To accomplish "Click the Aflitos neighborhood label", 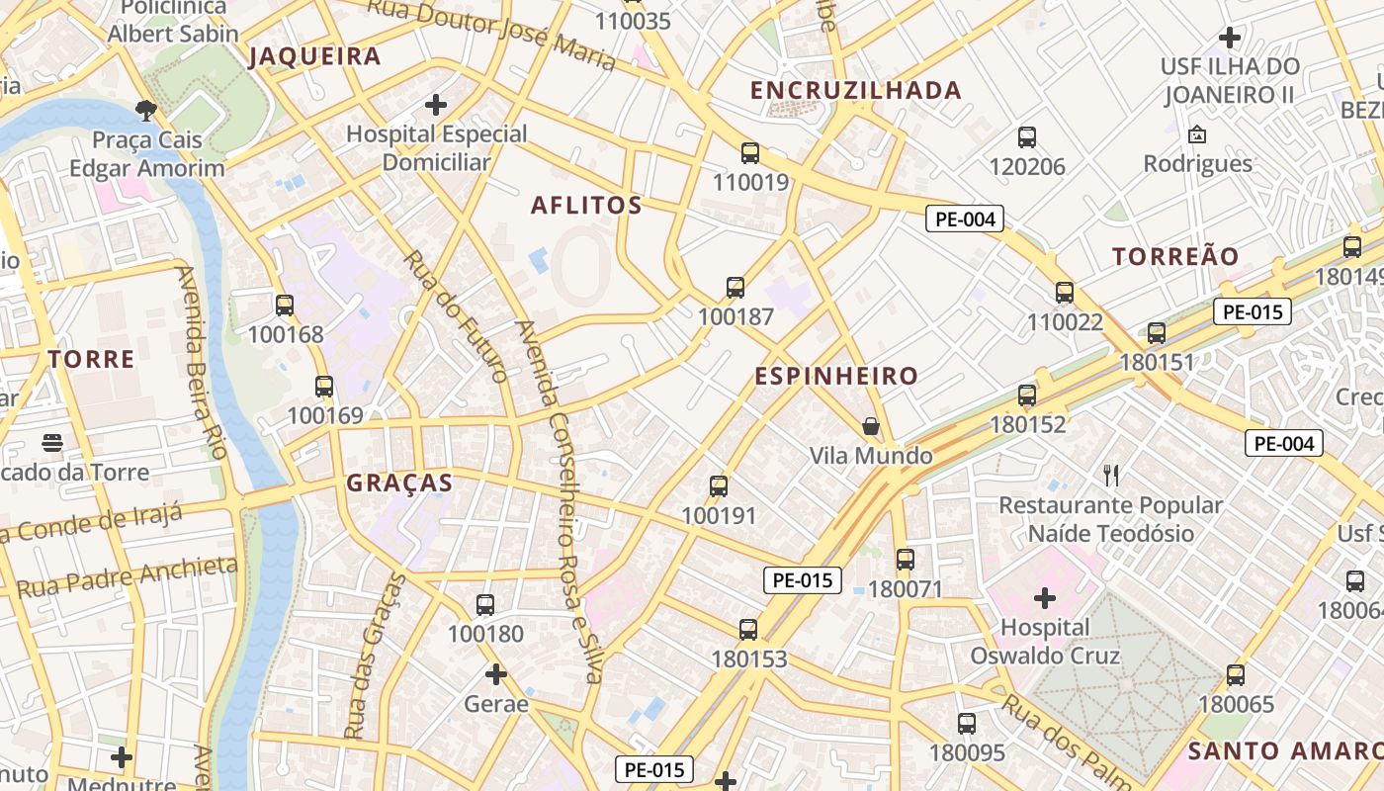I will pyautogui.click(x=586, y=206).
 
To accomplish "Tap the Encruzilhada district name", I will pyautogui.click(x=855, y=91).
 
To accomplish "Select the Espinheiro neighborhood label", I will pyautogui.click(x=836, y=377).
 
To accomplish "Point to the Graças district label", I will pyautogui.click(x=399, y=483).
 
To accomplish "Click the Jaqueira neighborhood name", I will pyautogui.click(x=314, y=56).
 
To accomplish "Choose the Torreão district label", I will pyautogui.click(x=1174, y=257).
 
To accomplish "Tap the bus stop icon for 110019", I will pyautogui.click(x=750, y=153).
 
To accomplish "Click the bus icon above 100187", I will pyautogui.click(x=735, y=288).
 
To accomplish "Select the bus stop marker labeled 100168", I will pyautogui.click(x=285, y=306).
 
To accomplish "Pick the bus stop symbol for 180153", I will pyautogui.click(x=748, y=630).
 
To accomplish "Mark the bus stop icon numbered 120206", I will pyautogui.click(x=1027, y=137).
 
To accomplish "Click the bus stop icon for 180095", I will pyautogui.click(x=967, y=724).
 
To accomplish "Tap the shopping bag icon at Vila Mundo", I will pyautogui.click(x=871, y=426).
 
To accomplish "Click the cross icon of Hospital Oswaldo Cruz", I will pyautogui.click(x=1045, y=598).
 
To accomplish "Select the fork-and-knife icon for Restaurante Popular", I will pyautogui.click(x=1111, y=476).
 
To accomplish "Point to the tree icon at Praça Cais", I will pyautogui.click(x=146, y=110).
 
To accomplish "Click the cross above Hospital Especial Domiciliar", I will pyautogui.click(x=436, y=104).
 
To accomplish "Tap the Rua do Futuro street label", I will pyautogui.click(x=456, y=315).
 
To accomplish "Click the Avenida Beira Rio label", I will pyautogui.click(x=201, y=362).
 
